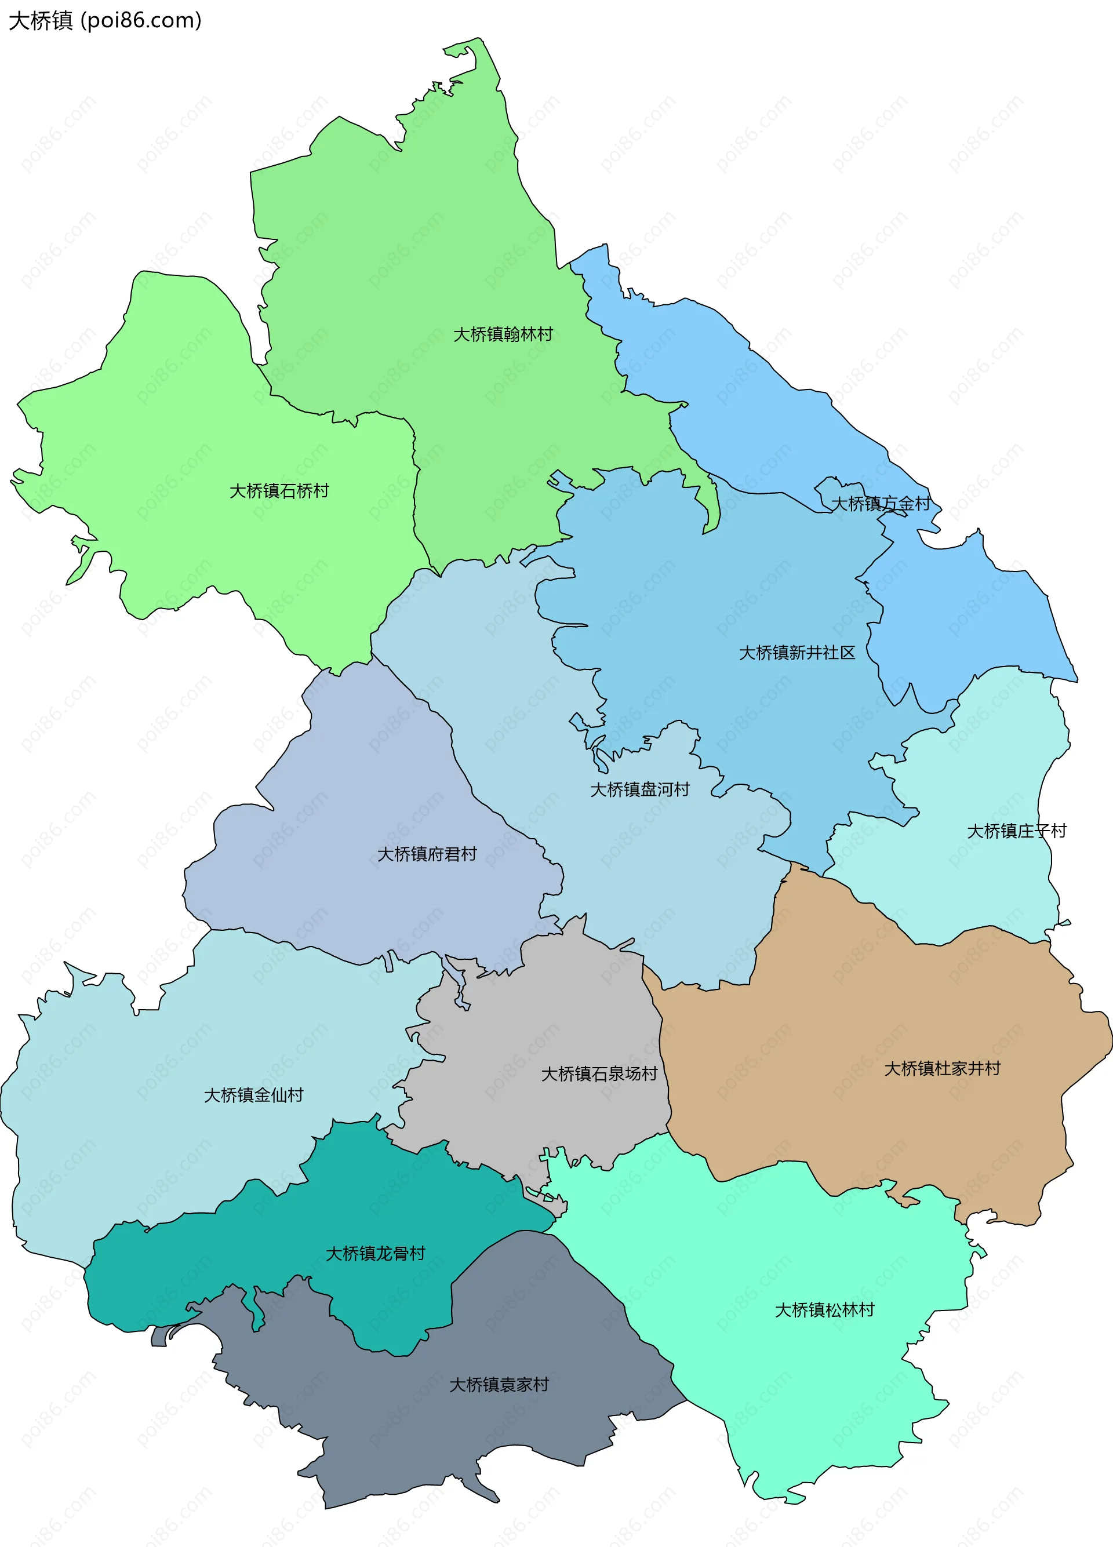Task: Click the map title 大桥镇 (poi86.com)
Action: point(105,20)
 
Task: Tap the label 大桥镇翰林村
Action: point(503,334)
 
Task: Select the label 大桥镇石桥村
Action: point(279,490)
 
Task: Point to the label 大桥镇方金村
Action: point(881,503)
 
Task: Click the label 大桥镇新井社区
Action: point(796,653)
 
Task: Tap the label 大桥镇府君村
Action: point(427,854)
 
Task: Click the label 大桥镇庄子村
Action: point(1016,831)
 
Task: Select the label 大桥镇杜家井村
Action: point(942,1068)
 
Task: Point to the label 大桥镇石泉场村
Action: point(599,1073)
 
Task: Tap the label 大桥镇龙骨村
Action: point(375,1253)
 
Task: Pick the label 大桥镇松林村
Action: point(824,1309)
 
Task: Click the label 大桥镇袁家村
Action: point(499,1385)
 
